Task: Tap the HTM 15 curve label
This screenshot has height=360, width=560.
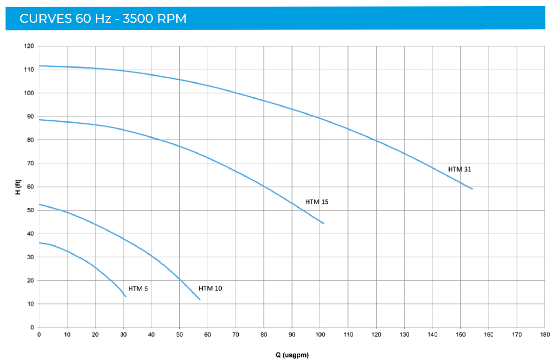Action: click(317, 202)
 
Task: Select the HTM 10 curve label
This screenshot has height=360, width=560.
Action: click(210, 288)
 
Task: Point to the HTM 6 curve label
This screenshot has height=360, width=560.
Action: click(138, 288)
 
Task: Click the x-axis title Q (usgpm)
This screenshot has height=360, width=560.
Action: click(291, 354)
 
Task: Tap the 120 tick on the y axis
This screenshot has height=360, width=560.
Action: click(29, 46)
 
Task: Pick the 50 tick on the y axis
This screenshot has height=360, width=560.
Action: click(31, 210)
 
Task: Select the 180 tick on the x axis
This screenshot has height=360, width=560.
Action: click(544, 335)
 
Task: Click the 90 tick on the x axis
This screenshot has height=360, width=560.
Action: click(292, 335)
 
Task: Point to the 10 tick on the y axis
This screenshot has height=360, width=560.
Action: click(31, 304)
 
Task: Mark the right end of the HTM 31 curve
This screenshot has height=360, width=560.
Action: click(472, 189)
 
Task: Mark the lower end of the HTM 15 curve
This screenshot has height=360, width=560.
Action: click(324, 224)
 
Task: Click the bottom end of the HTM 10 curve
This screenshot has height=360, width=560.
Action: click(200, 300)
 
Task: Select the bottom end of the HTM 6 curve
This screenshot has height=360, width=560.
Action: click(126, 296)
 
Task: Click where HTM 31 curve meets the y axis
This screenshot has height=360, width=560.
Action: click(39, 66)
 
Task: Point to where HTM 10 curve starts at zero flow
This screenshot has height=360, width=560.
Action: click(39, 204)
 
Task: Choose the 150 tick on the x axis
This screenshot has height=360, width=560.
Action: click(460, 335)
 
